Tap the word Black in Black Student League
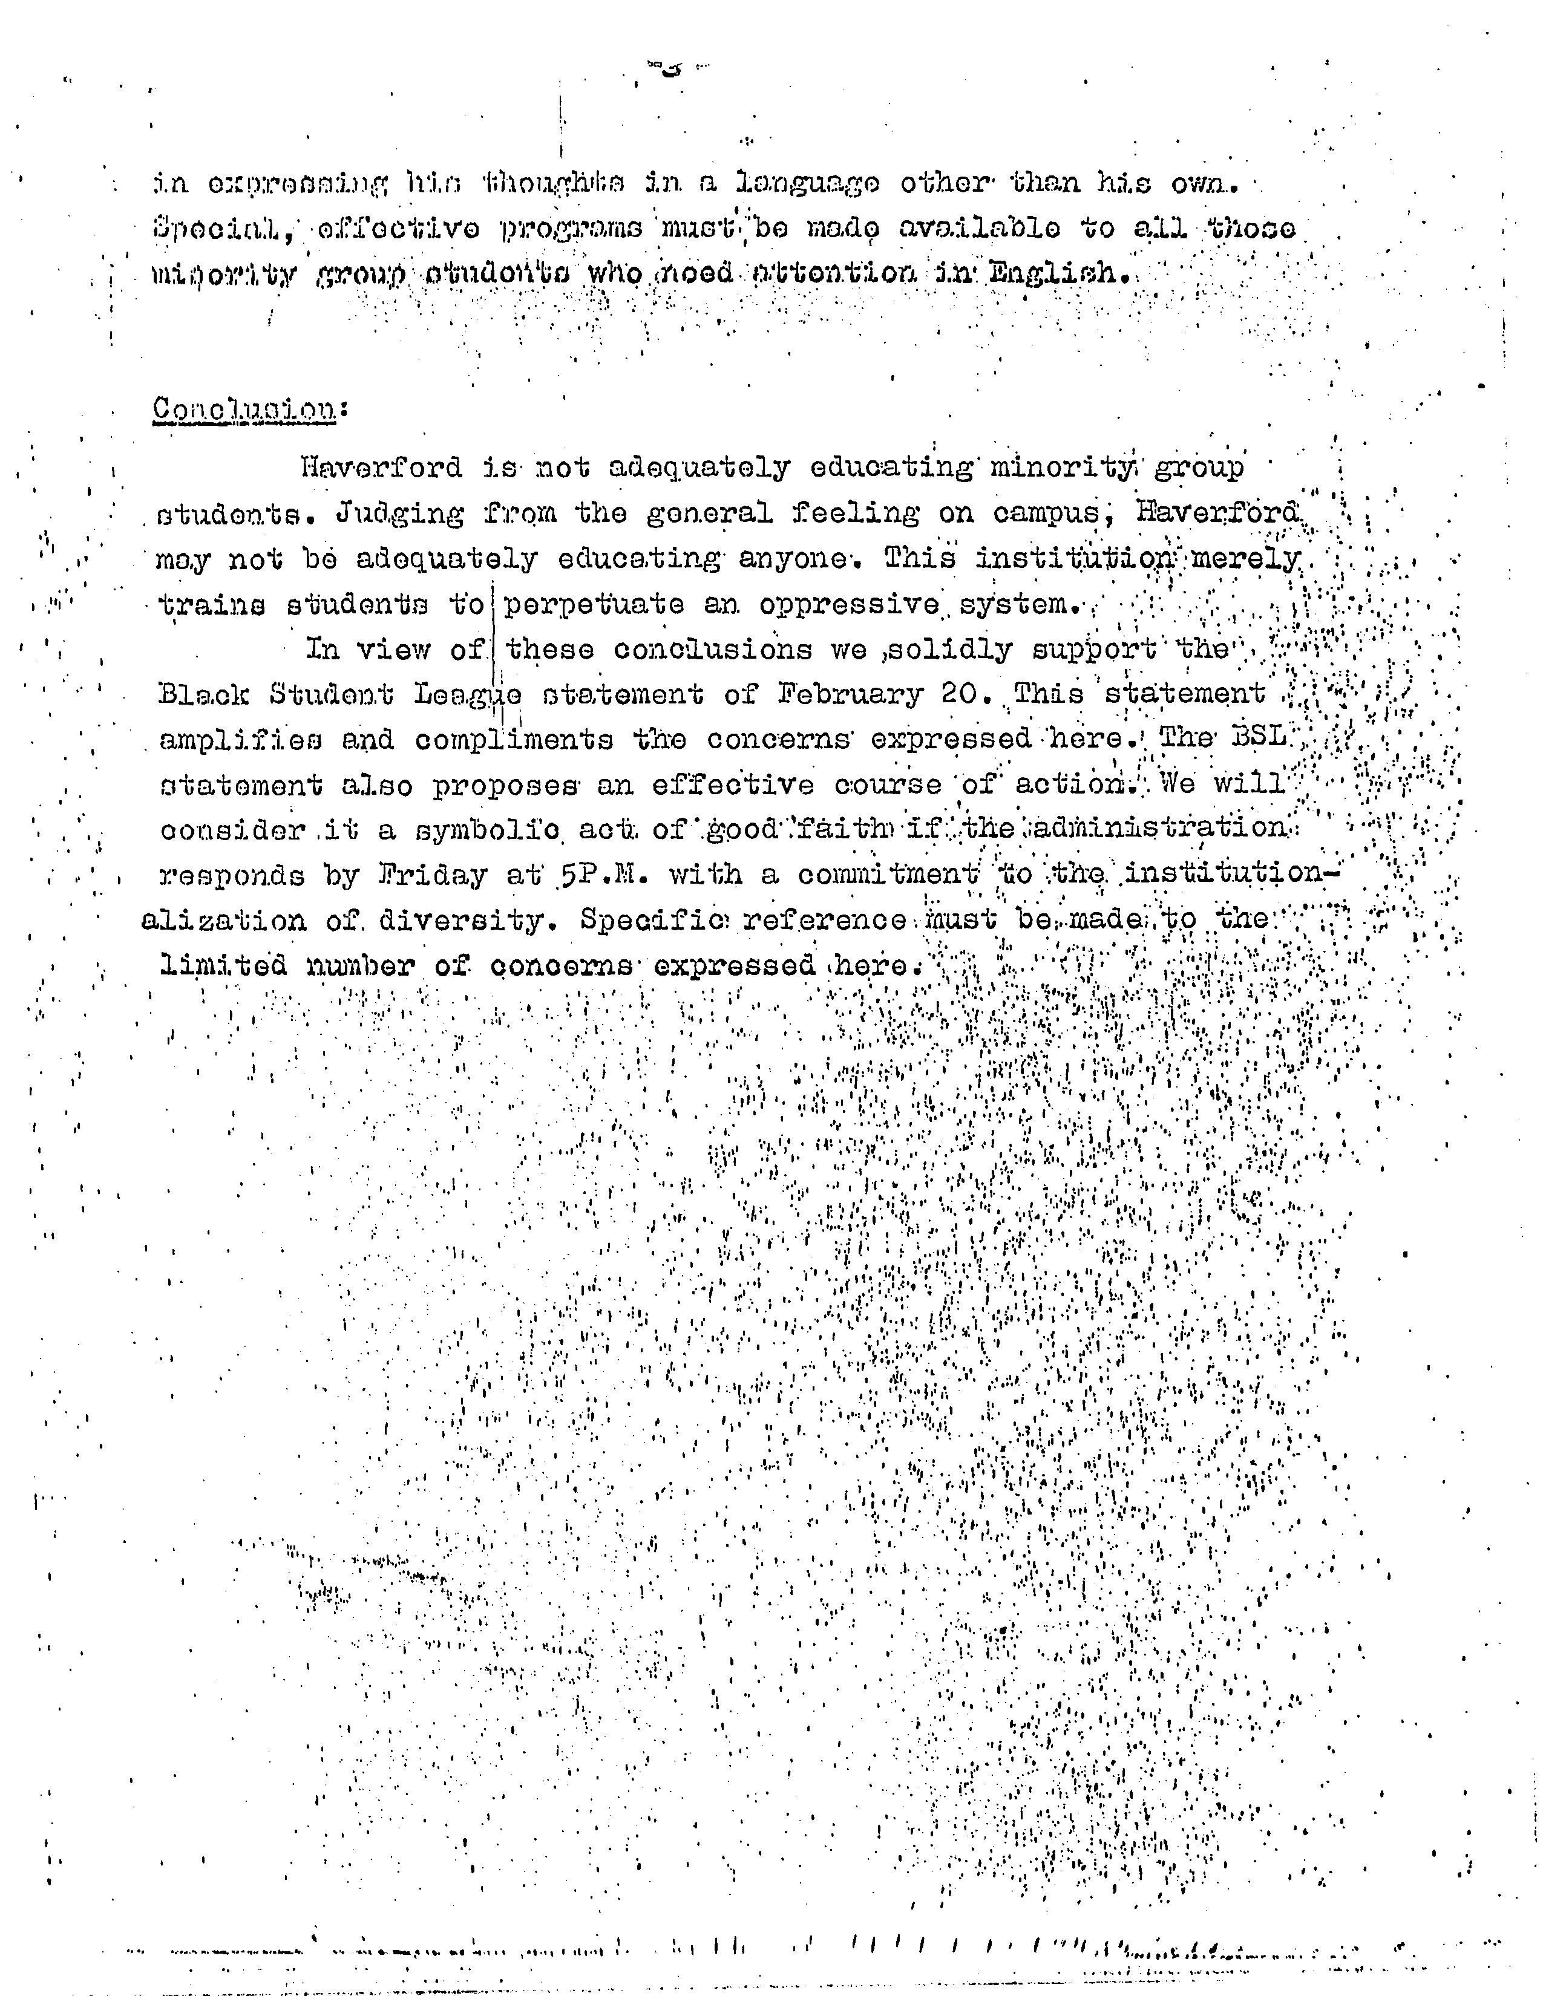pos(203,694)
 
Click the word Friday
pos(431,876)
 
